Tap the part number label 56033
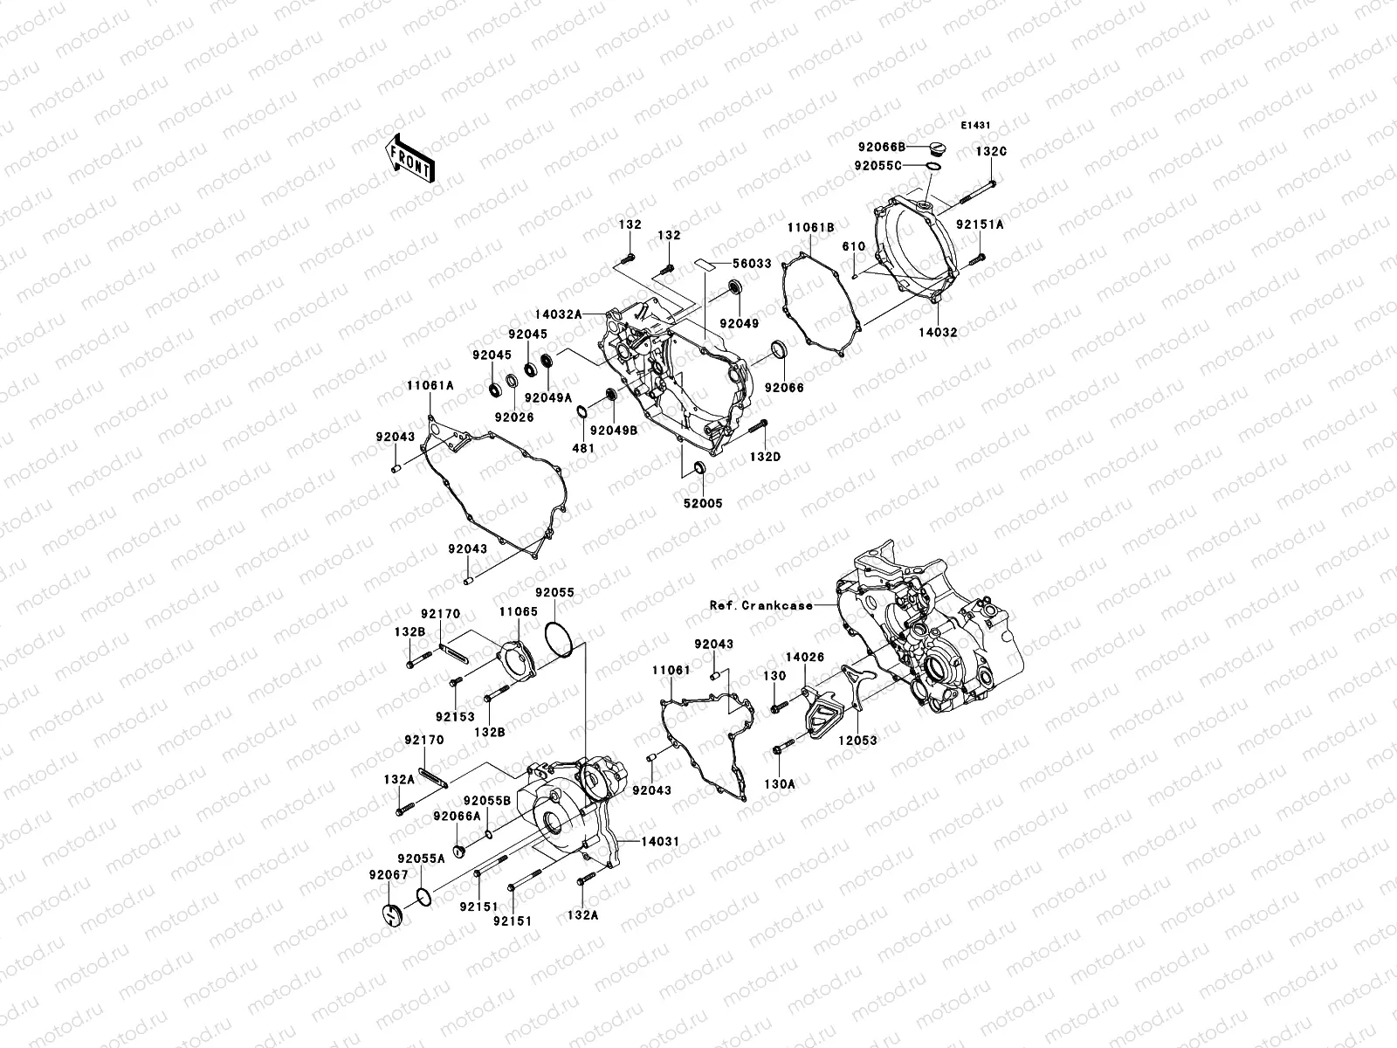[752, 262]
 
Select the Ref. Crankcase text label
[760, 604]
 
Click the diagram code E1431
[975, 126]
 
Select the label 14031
[659, 841]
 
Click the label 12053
[858, 740]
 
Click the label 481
[582, 448]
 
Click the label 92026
[516, 417]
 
